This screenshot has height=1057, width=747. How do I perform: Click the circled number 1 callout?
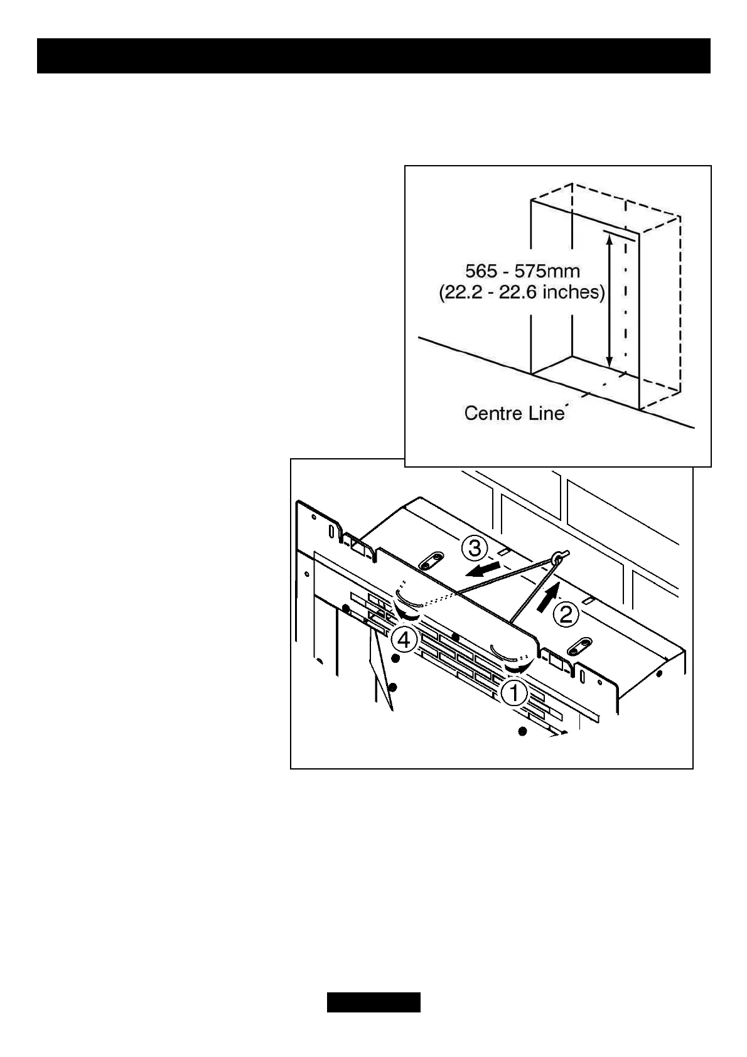514,694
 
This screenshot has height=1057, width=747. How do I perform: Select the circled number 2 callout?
566,614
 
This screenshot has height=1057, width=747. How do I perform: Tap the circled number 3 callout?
475,549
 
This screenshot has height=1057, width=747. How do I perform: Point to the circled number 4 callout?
403,641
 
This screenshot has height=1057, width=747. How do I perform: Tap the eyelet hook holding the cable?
558,556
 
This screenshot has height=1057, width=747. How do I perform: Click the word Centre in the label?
490,413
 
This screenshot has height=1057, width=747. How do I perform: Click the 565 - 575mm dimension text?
522,271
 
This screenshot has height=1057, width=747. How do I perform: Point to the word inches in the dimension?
574,292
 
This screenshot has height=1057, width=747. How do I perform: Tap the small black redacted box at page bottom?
373,1002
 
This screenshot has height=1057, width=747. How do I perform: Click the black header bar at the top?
373,56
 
